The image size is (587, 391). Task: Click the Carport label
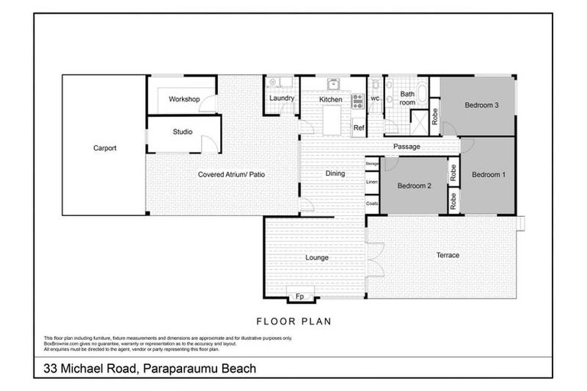click(x=105, y=148)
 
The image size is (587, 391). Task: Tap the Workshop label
click(x=184, y=100)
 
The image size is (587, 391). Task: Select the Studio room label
click(x=182, y=132)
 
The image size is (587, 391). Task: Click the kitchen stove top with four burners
click(x=357, y=100)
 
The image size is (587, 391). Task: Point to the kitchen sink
click(x=333, y=84)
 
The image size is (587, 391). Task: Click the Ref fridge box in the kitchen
click(x=358, y=128)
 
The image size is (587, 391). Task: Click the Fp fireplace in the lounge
click(x=300, y=296)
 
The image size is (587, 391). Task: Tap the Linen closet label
click(x=372, y=183)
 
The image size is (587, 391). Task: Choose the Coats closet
click(x=372, y=203)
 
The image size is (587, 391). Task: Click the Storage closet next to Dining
click(x=372, y=164)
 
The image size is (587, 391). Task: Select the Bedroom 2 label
click(x=414, y=186)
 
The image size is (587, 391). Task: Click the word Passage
click(x=407, y=147)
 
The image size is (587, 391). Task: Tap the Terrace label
click(x=447, y=255)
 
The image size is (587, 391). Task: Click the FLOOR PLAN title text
click(x=293, y=322)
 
